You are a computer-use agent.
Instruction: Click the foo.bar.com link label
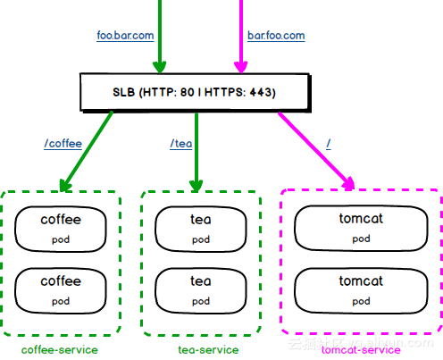[125, 37]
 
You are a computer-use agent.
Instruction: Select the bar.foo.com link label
[276, 37]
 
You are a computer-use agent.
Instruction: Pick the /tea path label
[181, 143]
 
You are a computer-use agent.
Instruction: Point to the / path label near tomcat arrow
[329, 143]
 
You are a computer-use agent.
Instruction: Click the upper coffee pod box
[61, 228]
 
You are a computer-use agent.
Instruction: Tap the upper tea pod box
[201, 228]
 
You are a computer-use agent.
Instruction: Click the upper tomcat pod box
[361, 227]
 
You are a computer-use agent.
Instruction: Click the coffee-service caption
[60, 349]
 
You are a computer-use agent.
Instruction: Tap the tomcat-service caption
[362, 349]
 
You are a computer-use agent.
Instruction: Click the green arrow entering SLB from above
[160, 36]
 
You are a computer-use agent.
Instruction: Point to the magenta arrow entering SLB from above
[239, 36]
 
